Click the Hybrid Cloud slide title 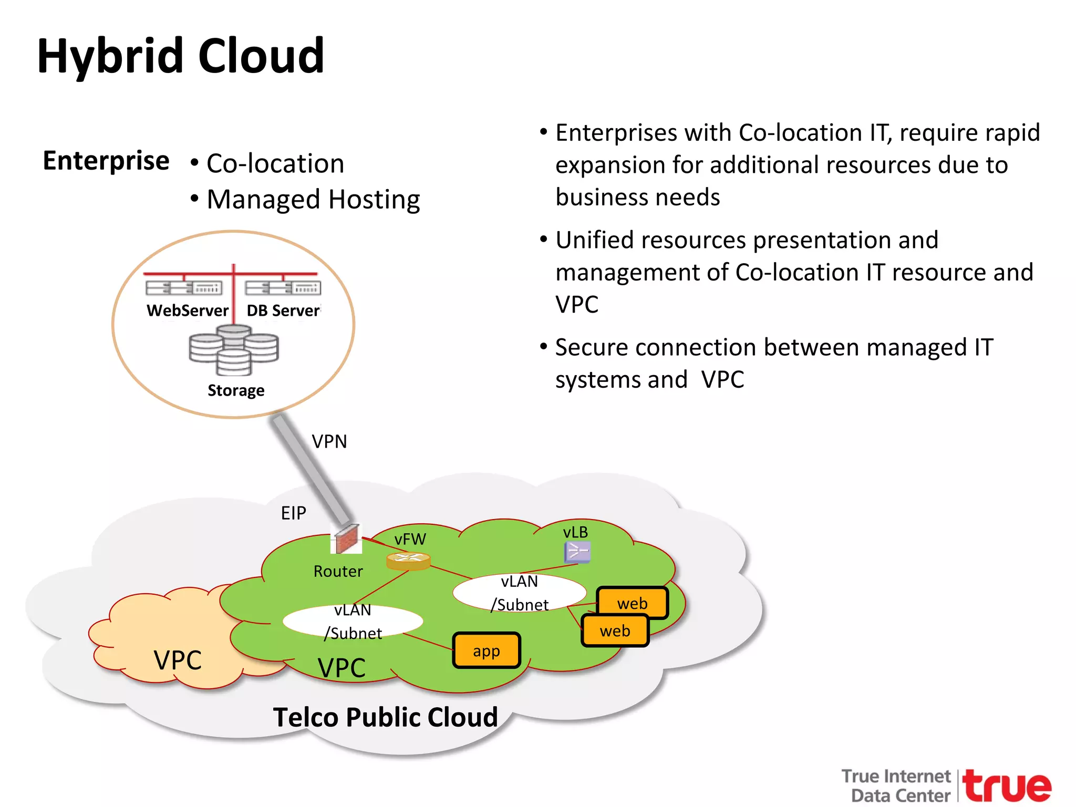tap(181, 56)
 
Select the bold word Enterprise tap(106, 160)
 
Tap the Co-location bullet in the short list tap(275, 163)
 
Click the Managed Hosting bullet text tap(313, 200)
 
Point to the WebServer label tap(188, 311)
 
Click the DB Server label tap(283, 311)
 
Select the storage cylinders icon tap(234, 349)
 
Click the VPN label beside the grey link tap(329, 441)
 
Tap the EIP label tap(293, 513)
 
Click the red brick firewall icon tap(346, 539)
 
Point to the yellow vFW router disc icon tap(408, 561)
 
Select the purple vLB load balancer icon tap(577, 552)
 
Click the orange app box tap(487, 650)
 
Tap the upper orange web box tap(633, 603)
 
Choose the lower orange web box tap(615, 630)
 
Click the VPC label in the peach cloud tap(178, 660)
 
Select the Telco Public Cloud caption tap(385, 717)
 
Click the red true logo tap(1007, 786)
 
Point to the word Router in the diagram tap(338, 571)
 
